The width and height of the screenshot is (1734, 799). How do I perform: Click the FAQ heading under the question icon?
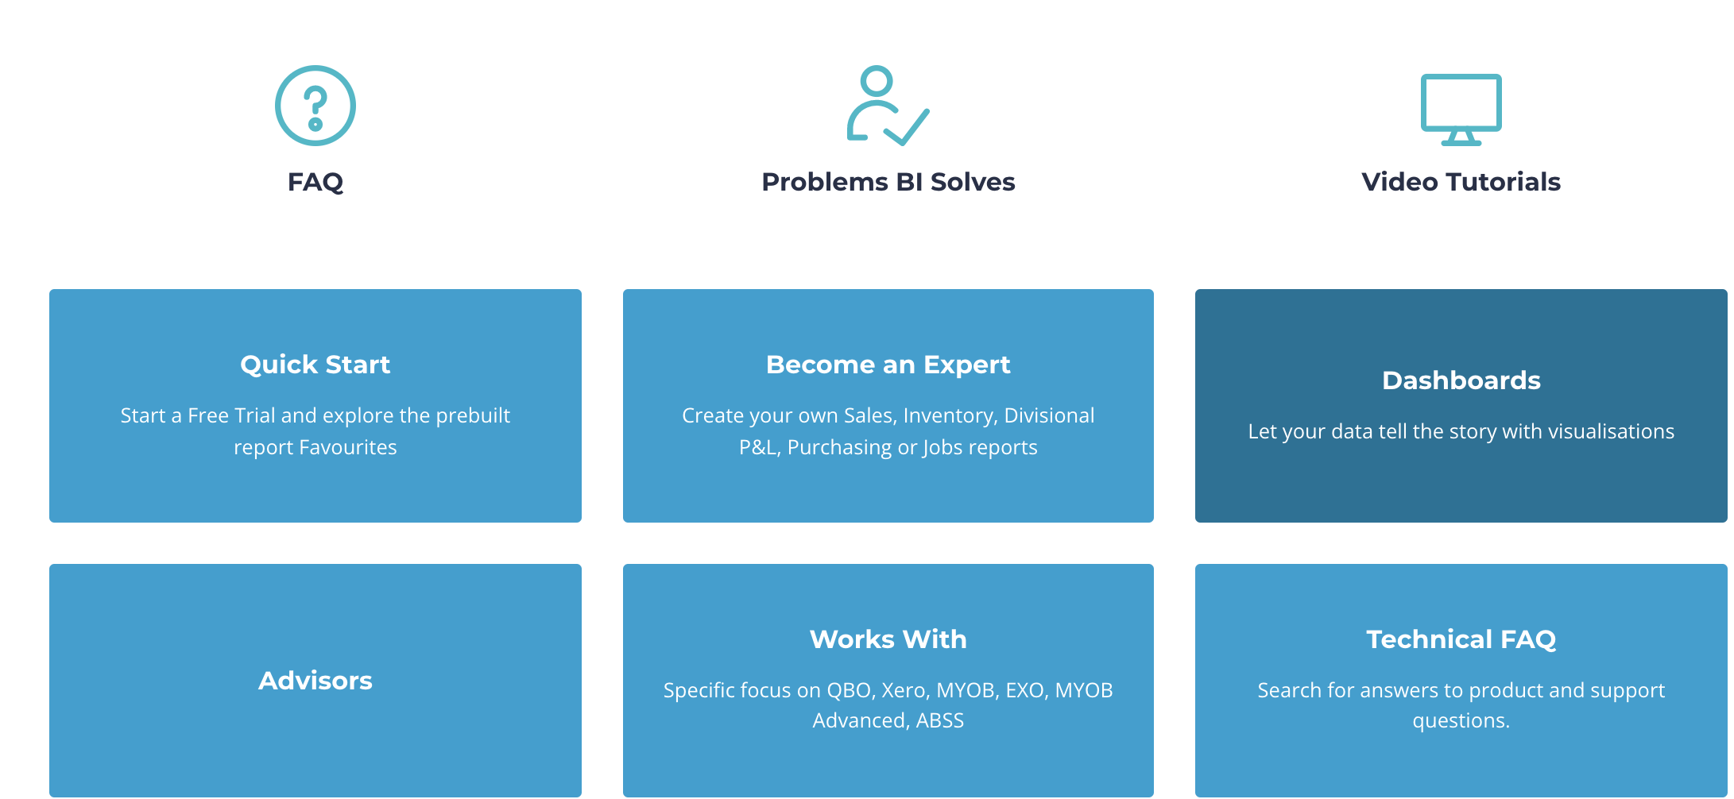coord(315,182)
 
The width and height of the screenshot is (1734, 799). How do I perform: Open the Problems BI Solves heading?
coord(888,182)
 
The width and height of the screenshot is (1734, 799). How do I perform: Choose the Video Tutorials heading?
coord(1461,182)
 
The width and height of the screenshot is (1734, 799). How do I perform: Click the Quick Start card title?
coord(315,365)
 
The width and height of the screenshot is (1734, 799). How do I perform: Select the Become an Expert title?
coord(888,365)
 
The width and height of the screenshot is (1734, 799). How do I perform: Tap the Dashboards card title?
coord(1461,380)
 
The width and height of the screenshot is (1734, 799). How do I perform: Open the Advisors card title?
coord(315,681)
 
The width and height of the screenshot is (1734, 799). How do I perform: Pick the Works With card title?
coord(888,639)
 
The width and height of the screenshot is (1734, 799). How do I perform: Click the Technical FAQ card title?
coord(1461,639)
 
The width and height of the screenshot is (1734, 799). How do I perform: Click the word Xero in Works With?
coord(905,690)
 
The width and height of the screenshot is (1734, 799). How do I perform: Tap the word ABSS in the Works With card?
coord(940,720)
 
